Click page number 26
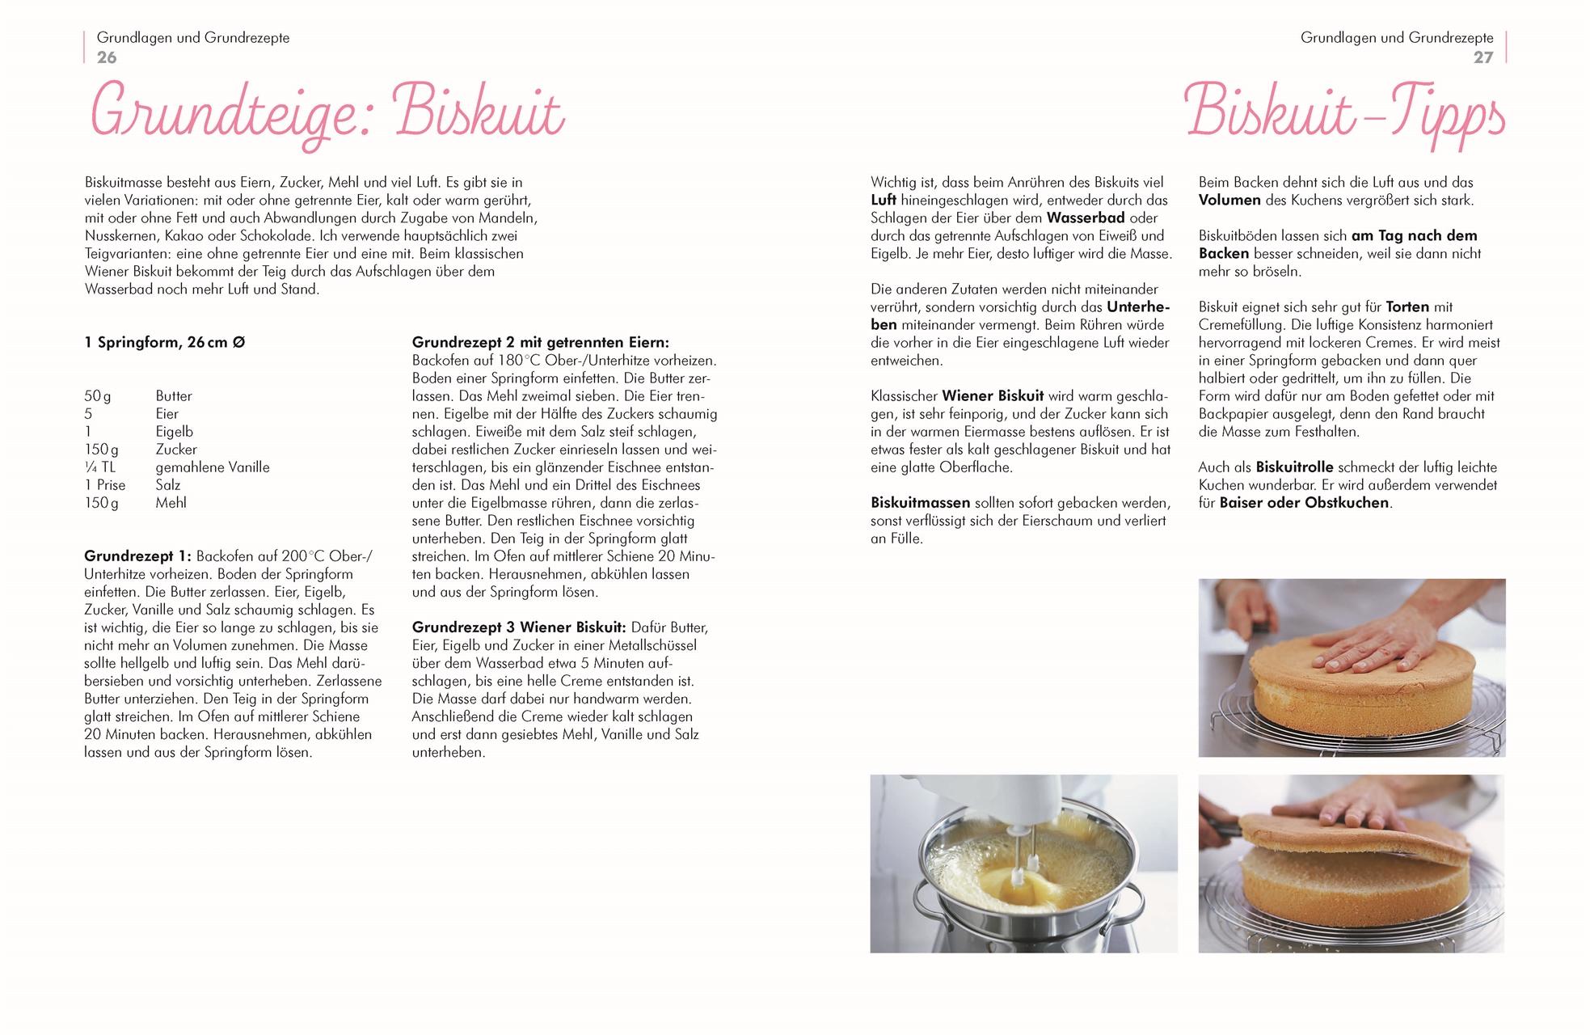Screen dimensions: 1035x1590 point(107,57)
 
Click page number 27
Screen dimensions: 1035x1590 point(1482,57)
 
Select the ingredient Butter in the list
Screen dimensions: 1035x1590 point(174,396)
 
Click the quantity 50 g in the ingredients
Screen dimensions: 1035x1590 point(98,396)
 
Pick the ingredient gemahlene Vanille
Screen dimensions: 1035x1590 point(213,467)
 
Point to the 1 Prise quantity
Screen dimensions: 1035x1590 point(105,485)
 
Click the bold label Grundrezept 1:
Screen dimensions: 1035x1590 point(138,556)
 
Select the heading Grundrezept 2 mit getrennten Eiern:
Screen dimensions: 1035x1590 point(540,343)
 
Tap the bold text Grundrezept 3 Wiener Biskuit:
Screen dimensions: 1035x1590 point(519,627)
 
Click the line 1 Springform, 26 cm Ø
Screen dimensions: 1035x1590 point(165,343)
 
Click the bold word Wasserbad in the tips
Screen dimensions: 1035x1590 point(1086,218)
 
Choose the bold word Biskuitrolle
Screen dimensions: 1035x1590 point(1294,467)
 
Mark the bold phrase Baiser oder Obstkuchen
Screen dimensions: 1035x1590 point(1304,503)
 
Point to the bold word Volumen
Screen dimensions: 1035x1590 point(1229,201)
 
